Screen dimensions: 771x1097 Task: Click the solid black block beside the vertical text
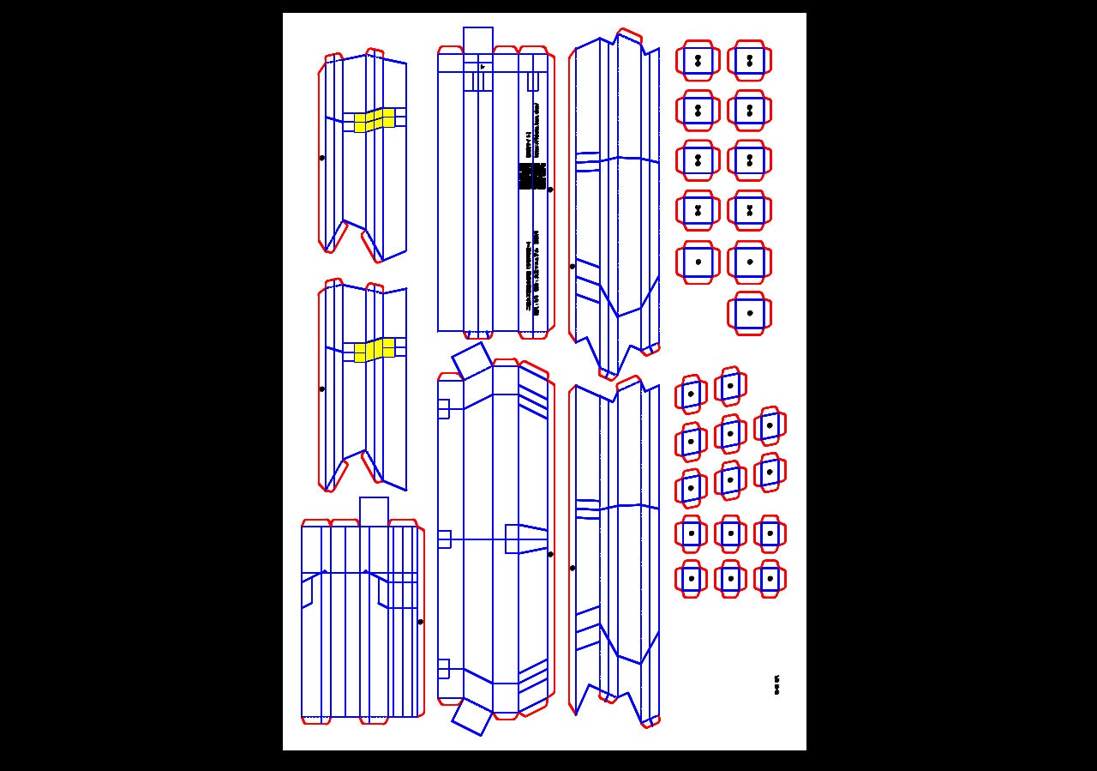tap(531, 176)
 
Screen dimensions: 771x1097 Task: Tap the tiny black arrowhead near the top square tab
tap(483, 66)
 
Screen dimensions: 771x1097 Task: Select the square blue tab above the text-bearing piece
tap(478, 40)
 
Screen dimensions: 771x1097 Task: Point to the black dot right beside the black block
tap(550, 190)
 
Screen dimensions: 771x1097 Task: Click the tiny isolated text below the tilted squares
tap(776, 685)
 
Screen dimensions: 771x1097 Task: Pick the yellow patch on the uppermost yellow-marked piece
tap(375, 120)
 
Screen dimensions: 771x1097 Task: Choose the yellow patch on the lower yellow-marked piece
tap(375, 350)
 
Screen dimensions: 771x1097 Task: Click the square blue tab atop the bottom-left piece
tap(374, 511)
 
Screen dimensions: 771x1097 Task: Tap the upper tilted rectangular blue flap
tap(471, 360)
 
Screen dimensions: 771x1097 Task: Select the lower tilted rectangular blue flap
tap(472, 716)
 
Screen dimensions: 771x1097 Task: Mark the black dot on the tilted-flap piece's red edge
tap(550, 554)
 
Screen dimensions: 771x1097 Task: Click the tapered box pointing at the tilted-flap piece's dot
tap(525, 539)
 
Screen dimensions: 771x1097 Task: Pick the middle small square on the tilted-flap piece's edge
tap(444, 539)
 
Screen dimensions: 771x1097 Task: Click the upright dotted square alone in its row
tap(750, 313)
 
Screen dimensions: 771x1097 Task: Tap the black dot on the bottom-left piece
tap(420, 622)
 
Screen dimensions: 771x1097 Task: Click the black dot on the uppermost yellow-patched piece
tap(322, 158)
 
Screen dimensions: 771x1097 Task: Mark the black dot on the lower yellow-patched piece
tap(322, 389)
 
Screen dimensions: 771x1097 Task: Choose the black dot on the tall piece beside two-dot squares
tap(572, 266)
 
